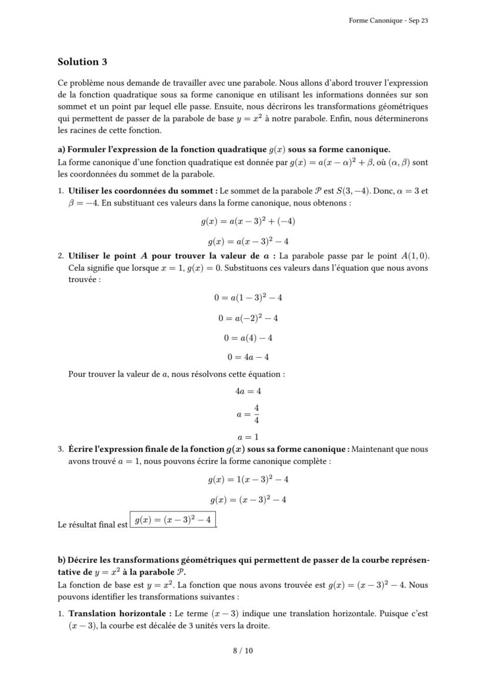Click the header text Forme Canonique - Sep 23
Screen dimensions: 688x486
388,20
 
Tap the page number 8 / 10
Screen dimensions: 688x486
243,650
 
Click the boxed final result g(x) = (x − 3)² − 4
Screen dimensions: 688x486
173,520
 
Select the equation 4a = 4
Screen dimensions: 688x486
248,391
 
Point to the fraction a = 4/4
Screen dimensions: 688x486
248,414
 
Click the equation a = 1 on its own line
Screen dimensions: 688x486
248,437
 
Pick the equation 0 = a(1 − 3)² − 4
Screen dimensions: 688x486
248,298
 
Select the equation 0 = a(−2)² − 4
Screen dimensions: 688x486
248,318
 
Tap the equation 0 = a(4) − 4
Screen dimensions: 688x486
248,338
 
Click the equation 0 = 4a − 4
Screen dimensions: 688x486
248,357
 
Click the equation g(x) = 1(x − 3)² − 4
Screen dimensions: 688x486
248,479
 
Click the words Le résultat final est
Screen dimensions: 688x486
93,525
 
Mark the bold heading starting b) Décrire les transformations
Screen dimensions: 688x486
243,560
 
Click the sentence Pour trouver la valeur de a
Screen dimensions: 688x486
176,374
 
